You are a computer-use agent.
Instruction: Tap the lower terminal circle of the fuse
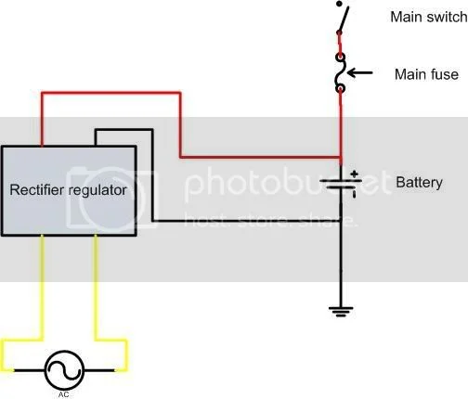[341, 90]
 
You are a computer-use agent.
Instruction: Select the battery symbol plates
[341, 186]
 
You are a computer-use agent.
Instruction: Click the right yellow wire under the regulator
[97, 288]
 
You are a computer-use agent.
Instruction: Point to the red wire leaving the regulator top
[111, 93]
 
